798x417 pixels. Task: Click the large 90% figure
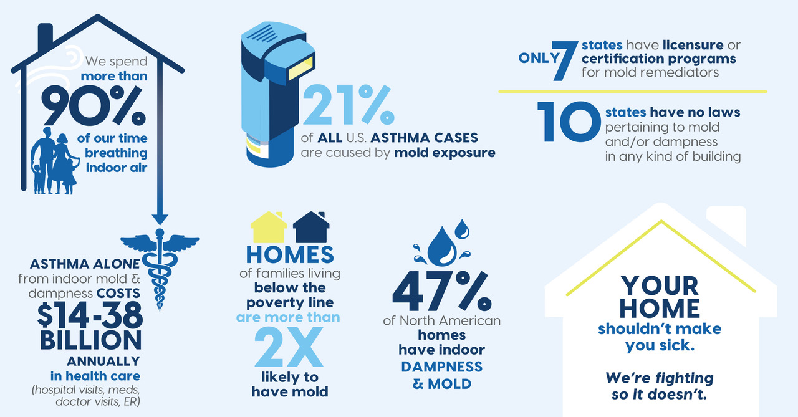click(x=94, y=106)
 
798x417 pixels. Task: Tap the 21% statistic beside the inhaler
click(x=349, y=105)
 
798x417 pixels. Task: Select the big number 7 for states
click(x=565, y=61)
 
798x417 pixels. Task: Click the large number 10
click(x=569, y=122)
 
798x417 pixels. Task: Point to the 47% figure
click(x=442, y=291)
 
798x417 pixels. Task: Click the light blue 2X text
click(x=289, y=347)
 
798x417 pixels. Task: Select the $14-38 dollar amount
click(x=90, y=315)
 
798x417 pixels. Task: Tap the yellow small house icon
click(x=269, y=227)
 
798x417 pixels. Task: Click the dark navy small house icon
click(x=311, y=227)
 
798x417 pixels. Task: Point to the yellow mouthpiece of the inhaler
click(x=300, y=68)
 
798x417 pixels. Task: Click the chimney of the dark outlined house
click(x=46, y=37)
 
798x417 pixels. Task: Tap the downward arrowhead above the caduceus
click(x=160, y=219)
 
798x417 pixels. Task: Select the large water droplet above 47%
click(x=442, y=246)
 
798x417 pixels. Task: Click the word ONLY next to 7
click(x=539, y=58)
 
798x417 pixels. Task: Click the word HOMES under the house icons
click(x=290, y=254)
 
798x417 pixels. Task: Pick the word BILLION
click(x=91, y=340)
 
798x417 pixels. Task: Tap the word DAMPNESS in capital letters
click(x=442, y=367)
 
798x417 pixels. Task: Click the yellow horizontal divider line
click(x=633, y=92)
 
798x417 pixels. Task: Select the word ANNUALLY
click(x=103, y=361)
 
